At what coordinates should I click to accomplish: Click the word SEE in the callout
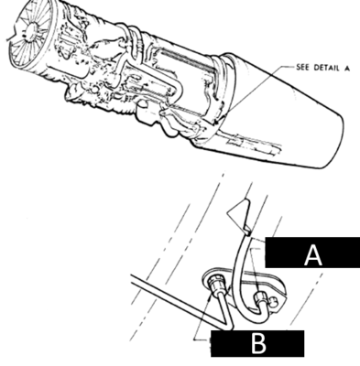(302, 67)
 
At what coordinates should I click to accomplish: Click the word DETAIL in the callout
(326, 68)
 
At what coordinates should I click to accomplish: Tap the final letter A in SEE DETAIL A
(346, 68)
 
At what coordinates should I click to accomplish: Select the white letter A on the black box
(313, 255)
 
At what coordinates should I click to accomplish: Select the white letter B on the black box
(258, 344)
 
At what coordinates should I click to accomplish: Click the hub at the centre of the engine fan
(31, 31)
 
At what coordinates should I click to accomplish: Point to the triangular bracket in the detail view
(239, 214)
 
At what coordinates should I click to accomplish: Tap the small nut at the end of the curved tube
(261, 298)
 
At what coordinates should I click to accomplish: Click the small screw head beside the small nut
(274, 301)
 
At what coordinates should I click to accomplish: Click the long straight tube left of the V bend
(177, 300)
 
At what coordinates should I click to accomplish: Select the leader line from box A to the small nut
(256, 268)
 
